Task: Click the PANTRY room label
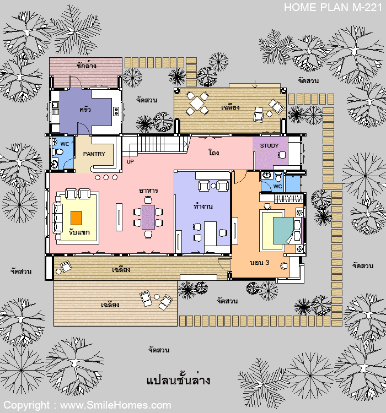(94, 154)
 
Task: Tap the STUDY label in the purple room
(269, 146)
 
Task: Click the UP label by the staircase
(130, 161)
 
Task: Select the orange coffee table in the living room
(76, 218)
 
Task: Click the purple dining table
(148, 217)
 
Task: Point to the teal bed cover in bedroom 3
(283, 231)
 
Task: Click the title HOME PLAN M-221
(333, 7)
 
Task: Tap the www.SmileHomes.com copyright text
(116, 405)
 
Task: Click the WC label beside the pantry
(65, 144)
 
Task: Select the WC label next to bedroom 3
(277, 187)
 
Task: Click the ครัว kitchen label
(85, 109)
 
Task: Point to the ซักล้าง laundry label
(87, 65)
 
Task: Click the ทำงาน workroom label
(203, 206)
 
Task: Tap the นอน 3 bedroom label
(259, 263)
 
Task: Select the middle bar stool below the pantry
(106, 177)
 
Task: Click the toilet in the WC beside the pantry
(57, 152)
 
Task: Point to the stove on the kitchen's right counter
(116, 111)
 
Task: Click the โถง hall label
(214, 152)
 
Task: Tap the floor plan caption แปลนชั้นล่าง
(178, 380)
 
